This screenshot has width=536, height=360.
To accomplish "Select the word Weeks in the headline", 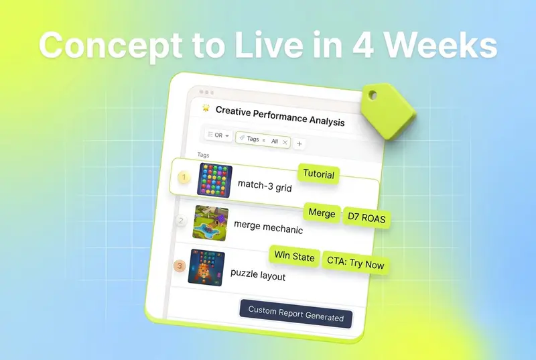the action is click(442, 45).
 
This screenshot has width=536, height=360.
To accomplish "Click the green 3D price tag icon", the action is click(388, 111).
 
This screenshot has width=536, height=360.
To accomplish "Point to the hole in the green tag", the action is click(373, 95).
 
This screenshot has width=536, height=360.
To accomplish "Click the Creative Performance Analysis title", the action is click(280, 116).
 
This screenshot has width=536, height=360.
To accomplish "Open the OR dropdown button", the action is click(218, 135).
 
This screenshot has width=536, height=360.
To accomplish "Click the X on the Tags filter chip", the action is click(285, 142).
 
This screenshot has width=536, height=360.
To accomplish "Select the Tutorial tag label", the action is click(319, 174).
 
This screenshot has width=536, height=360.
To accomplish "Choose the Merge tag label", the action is click(322, 213).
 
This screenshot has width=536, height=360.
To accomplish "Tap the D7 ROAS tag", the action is click(366, 218).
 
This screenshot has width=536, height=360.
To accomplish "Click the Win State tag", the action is click(294, 256).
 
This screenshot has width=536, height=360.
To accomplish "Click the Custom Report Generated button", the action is click(295, 314).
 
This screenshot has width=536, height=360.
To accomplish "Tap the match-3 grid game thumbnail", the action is click(214, 180).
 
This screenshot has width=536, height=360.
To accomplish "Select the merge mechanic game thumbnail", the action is click(210, 223).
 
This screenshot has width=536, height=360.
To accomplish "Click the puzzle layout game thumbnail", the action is click(206, 267).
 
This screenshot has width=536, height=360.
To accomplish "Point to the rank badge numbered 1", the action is click(184, 177).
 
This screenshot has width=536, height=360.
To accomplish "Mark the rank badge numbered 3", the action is click(180, 266).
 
